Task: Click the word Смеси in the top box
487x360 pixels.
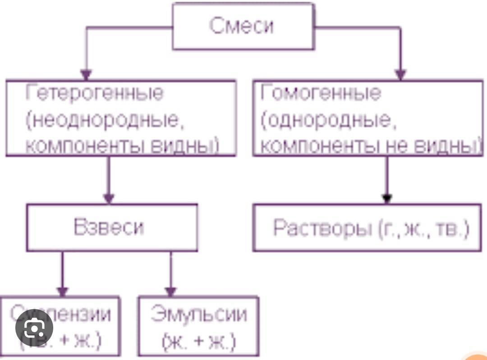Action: (x=241, y=26)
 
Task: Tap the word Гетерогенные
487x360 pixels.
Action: (x=95, y=93)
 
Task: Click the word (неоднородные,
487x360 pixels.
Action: (x=106, y=120)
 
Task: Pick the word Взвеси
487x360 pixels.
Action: (x=108, y=227)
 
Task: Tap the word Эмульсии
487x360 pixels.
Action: (x=199, y=314)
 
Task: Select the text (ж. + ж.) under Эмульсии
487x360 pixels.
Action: (x=198, y=342)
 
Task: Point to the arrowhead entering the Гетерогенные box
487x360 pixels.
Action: (x=86, y=74)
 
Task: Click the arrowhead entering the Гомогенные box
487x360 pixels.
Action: (x=400, y=74)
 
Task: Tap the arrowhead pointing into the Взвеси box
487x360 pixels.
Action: (x=109, y=198)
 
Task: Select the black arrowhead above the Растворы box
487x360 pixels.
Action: (x=387, y=198)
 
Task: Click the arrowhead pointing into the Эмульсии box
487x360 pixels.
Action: (x=170, y=291)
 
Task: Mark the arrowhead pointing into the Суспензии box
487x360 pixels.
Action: (x=62, y=291)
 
